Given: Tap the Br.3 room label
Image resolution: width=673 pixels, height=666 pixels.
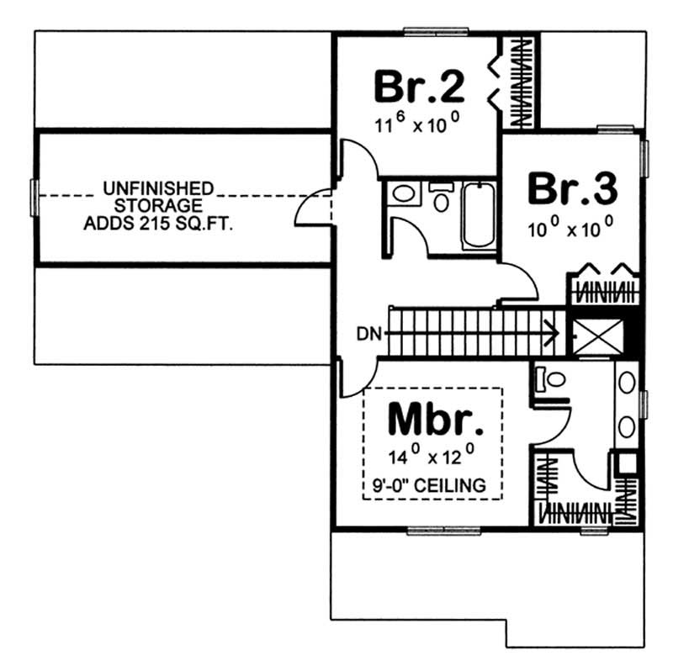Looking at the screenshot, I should (572, 189).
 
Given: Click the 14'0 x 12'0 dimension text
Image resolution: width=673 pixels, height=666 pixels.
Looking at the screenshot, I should (433, 457).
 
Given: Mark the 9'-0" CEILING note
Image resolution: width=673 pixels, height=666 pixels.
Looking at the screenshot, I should (433, 484).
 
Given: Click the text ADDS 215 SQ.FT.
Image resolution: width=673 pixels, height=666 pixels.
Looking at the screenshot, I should (159, 224).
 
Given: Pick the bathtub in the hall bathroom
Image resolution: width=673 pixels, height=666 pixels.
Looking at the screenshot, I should (479, 217).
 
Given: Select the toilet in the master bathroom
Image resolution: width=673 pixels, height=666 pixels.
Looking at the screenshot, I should (550, 379).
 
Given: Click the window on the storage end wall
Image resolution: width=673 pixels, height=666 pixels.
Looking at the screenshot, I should (34, 197).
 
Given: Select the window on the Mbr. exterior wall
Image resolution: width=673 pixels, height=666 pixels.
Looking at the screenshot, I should (435, 530).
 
